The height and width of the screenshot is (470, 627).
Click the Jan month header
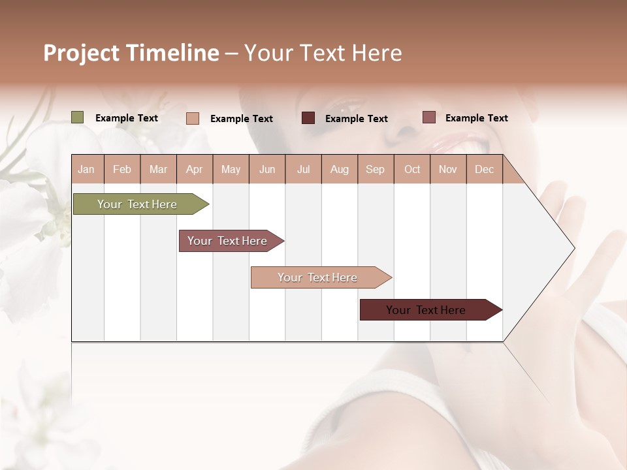click(x=87, y=169)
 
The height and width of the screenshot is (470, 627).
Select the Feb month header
click(x=122, y=169)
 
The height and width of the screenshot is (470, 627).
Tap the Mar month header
click(x=158, y=169)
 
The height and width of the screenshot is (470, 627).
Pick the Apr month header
click(x=195, y=169)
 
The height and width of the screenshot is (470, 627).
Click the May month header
click(x=231, y=169)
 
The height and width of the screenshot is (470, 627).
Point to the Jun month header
click(x=267, y=169)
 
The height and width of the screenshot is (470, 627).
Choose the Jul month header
click(x=303, y=169)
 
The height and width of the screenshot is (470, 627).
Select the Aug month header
click(x=340, y=169)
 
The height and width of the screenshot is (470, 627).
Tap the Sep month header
click(x=376, y=169)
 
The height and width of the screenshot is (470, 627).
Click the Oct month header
click(x=412, y=169)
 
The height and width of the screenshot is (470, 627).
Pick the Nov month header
click(x=448, y=169)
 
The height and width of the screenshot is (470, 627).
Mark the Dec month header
click(x=485, y=169)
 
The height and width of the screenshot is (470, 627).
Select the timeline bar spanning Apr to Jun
click(x=229, y=241)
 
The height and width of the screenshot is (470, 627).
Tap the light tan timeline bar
click(x=319, y=277)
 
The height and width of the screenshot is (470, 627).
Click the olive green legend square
click(x=78, y=117)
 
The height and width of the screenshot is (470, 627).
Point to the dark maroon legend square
click(x=308, y=118)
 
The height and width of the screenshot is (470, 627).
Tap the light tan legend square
click(x=193, y=118)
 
